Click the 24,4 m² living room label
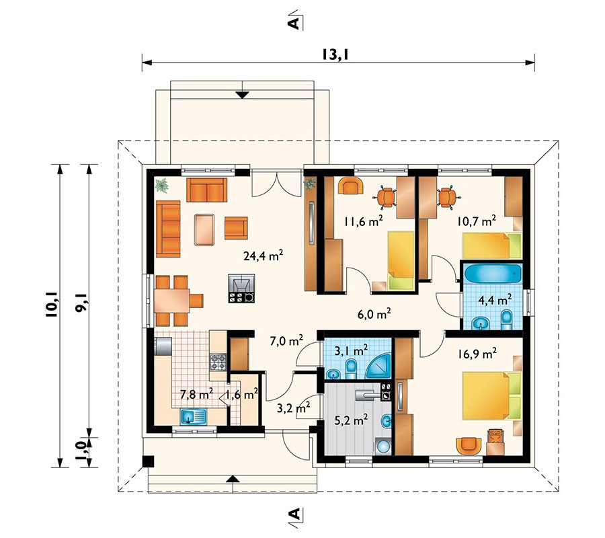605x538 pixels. tap(264, 255)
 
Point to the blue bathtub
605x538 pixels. tap(492, 273)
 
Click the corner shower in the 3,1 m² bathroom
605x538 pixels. tap(379, 367)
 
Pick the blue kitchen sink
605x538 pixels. tap(194, 416)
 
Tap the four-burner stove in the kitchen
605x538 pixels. tap(218, 362)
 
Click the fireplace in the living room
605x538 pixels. tap(241, 288)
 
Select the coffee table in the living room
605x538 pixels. tap(204, 229)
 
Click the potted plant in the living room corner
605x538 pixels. tap(162, 185)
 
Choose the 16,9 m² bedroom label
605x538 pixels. tap(477, 354)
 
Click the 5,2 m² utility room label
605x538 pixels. tap(351, 419)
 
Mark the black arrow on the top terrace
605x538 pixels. tap(242, 95)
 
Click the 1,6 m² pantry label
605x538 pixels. tap(242, 394)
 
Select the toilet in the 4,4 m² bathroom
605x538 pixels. tap(506, 320)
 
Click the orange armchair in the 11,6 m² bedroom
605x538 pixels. tap(351, 185)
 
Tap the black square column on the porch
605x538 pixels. tap(148, 461)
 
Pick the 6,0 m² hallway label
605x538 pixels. tap(374, 314)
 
